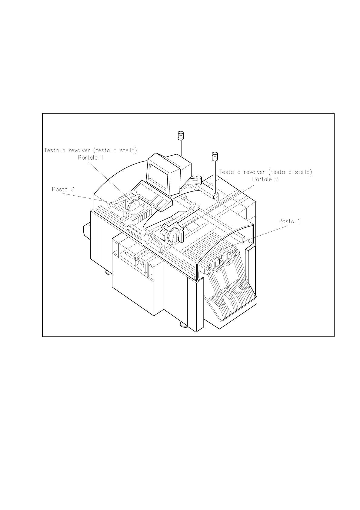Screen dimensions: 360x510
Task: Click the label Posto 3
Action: click(x=63, y=189)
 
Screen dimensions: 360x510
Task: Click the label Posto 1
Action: click(x=289, y=221)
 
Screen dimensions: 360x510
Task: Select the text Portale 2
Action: click(x=265, y=179)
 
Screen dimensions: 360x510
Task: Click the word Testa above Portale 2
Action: click(x=228, y=172)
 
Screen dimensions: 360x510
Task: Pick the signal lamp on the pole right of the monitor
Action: click(x=215, y=156)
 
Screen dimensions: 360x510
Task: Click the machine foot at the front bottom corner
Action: click(x=184, y=325)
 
